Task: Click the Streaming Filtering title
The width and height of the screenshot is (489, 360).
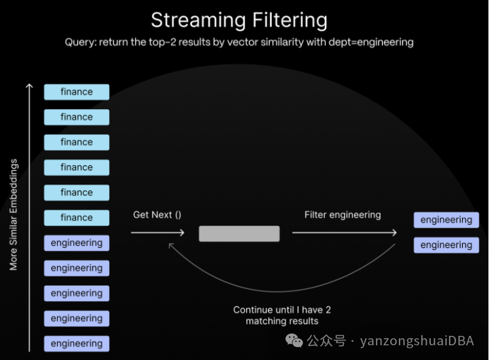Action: point(239,20)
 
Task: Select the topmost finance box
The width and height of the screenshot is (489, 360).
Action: point(76,92)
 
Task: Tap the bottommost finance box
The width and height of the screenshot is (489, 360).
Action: point(76,218)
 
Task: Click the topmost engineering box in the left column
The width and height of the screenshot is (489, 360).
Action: point(76,243)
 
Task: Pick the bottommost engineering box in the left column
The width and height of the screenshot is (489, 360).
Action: point(76,344)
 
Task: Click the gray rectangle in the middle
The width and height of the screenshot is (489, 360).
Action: point(239,234)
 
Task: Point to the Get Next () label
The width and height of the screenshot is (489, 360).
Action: point(157,215)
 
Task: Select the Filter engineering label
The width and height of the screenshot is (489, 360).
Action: point(342,215)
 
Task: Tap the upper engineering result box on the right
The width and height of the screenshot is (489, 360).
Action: point(446,220)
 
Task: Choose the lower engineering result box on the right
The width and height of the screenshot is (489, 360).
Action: point(446,245)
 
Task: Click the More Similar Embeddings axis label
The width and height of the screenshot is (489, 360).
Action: point(14,215)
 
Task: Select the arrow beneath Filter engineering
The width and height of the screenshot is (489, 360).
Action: point(344,233)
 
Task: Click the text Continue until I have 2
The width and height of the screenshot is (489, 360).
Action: point(282,309)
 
